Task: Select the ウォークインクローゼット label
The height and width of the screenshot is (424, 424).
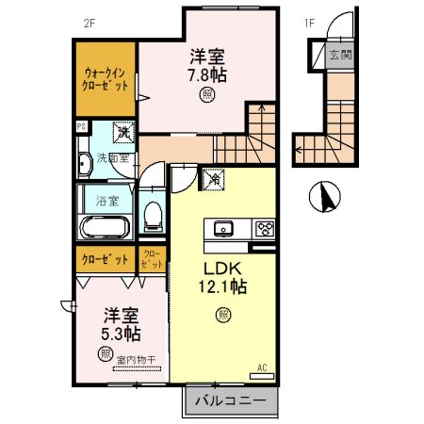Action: tap(105, 78)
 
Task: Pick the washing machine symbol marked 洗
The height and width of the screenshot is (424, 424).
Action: tap(122, 135)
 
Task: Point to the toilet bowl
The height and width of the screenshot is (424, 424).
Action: tap(151, 217)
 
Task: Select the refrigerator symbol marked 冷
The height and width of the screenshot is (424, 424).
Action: tap(215, 175)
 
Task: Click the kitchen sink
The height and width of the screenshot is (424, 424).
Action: tap(225, 228)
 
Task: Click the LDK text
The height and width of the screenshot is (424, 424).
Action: tap(223, 267)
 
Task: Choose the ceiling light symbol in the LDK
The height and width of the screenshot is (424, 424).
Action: tap(223, 314)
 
